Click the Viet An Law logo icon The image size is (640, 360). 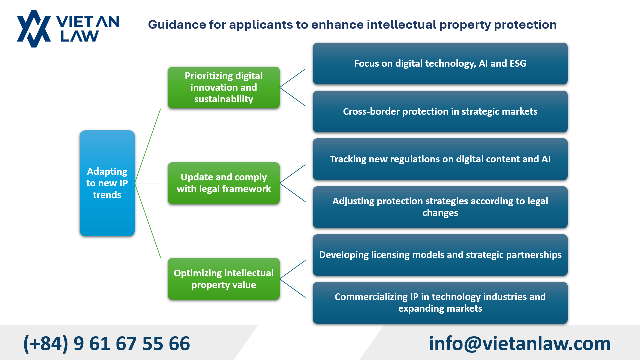[x=34, y=29]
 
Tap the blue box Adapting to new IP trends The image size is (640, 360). [x=107, y=183]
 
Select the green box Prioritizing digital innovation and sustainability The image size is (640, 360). [x=224, y=87]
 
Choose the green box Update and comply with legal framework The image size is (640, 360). [x=224, y=183]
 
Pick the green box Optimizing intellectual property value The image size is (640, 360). [x=224, y=279]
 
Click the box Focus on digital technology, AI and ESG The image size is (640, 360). [x=440, y=63]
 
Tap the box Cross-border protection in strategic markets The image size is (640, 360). [x=440, y=111]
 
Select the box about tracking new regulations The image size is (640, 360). [x=440, y=159]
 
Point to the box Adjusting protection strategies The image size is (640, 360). [x=440, y=207]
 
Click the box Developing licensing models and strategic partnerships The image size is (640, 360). [x=440, y=255]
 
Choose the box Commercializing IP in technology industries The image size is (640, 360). [x=440, y=303]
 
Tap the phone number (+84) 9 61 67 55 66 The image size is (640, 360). [x=107, y=344]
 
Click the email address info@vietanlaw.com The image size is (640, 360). [x=520, y=343]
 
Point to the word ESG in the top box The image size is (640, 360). [x=518, y=63]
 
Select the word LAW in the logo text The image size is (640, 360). [x=80, y=36]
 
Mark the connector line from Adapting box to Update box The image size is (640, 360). [x=148, y=183]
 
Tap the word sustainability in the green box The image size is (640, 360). [x=224, y=99]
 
